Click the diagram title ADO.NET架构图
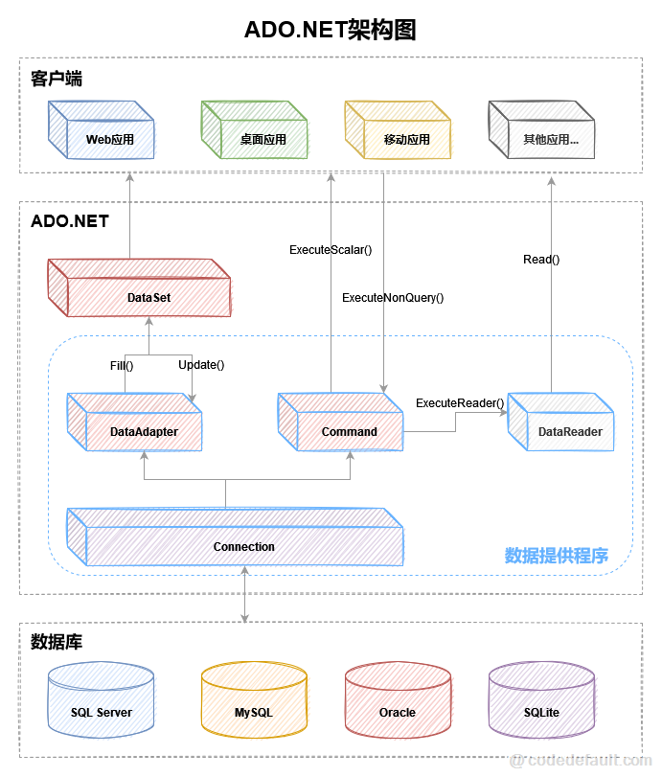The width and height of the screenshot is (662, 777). click(x=331, y=31)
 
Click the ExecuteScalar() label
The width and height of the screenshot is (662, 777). click(x=331, y=250)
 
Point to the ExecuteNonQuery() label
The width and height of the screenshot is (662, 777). click(x=393, y=298)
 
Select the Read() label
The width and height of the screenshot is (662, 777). click(x=541, y=259)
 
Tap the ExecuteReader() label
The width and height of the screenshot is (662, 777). click(x=460, y=403)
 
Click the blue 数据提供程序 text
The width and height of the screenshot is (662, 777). click(x=557, y=556)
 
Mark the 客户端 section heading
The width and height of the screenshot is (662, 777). click(x=57, y=79)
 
